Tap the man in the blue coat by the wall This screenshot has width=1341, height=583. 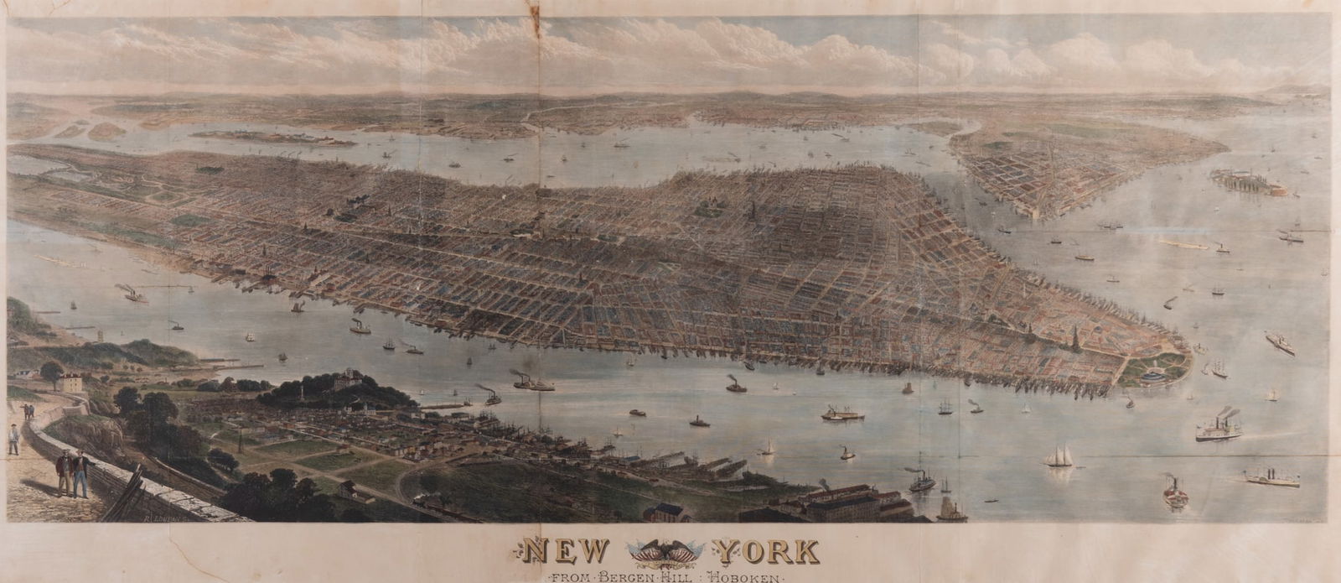80,474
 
